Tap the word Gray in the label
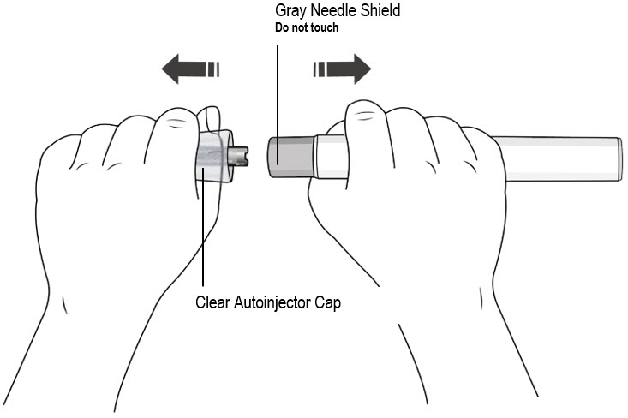tap(290, 12)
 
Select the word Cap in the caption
tap(328, 302)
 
